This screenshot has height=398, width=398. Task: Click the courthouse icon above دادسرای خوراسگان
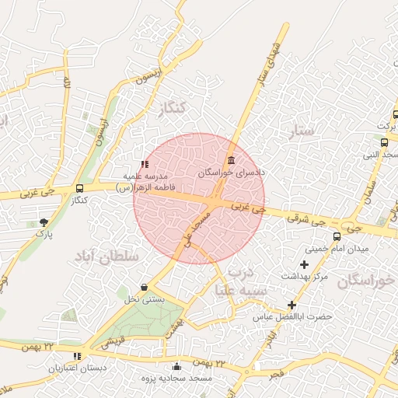point(231,161)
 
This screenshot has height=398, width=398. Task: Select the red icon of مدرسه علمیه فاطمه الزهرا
point(145,165)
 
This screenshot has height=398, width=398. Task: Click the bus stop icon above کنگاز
point(79,189)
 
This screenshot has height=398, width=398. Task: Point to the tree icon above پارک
point(43,222)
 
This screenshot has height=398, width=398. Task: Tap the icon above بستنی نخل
point(145,288)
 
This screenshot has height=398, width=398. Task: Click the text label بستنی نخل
point(145,299)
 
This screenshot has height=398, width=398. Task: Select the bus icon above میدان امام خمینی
point(337,236)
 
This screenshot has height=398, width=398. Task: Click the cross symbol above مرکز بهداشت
point(304,265)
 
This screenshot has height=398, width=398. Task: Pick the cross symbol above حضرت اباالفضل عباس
point(292,305)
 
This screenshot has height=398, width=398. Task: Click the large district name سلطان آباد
point(106,256)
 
